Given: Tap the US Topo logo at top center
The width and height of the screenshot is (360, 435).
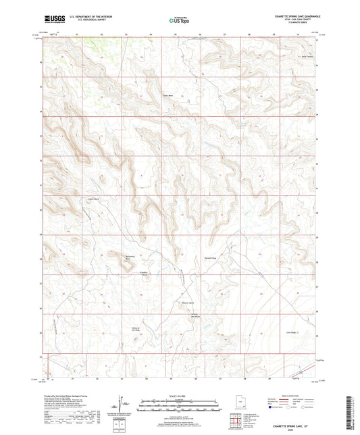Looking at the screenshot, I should pyautogui.click(x=179, y=21).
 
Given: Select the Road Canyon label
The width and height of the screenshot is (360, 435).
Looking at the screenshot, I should pyautogui.click(x=307, y=56).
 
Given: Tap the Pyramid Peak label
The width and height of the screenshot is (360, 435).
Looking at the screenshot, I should pyautogui.click(x=210, y=257).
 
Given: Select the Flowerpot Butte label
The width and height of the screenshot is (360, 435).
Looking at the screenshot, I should pyautogui.click(x=144, y=274).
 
